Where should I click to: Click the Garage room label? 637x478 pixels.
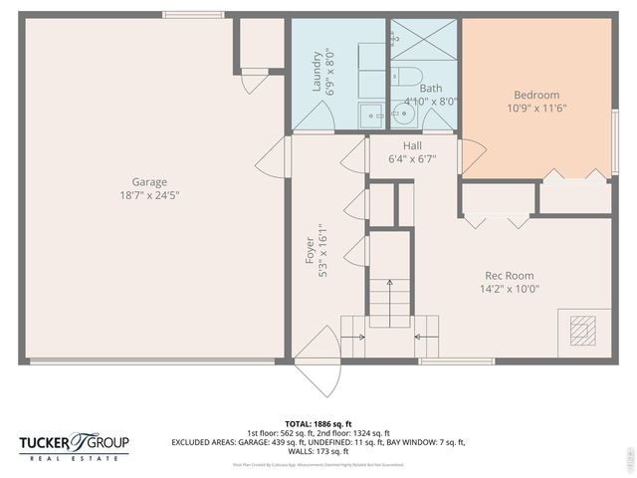click(x=149, y=181)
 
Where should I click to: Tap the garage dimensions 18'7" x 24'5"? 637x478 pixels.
click(x=149, y=195)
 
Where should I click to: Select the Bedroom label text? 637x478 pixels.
click(x=535, y=95)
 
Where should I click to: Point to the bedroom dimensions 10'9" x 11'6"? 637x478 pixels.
click(x=535, y=109)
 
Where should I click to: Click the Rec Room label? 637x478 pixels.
click(x=509, y=276)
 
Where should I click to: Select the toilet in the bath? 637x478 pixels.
click(x=409, y=76)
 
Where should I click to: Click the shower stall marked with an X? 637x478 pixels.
click(x=424, y=39)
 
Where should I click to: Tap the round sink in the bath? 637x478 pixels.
click(x=400, y=111)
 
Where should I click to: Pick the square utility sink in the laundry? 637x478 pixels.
click(x=370, y=113)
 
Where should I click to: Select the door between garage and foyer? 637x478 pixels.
click(x=276, y=157)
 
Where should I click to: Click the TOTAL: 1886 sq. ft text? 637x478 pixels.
click(x=318, y=423)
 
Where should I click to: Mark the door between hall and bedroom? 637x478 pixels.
click(x=470, y=155)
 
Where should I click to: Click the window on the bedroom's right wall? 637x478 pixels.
click(x=615, y=129)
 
